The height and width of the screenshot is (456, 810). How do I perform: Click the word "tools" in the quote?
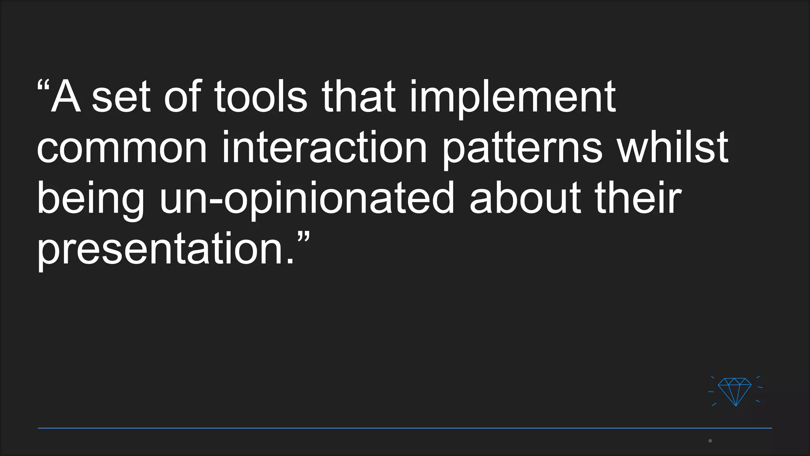coord(261,97)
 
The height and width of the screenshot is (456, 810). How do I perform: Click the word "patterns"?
coord(522,149)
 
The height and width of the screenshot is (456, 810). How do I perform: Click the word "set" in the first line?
coord(121,97)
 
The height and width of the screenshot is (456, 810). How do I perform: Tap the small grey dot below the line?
coord(710,441)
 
